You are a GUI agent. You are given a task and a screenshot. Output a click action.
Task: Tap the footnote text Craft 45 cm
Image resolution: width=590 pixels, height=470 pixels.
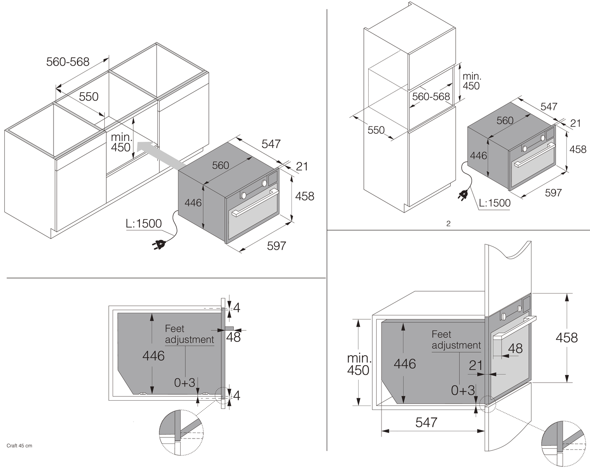click(x=19, y=446)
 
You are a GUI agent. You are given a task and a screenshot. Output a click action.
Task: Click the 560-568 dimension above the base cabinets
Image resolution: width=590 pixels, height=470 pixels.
click(x=68, y=62)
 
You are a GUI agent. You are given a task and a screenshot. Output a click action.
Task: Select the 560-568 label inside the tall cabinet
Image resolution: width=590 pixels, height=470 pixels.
click(x=431, y=97)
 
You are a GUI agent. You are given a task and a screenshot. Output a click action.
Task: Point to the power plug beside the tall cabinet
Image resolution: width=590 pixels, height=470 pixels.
click(x=463, y=196)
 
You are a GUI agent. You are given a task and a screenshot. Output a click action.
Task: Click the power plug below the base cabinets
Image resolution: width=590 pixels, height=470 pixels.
click(x=158, y=244)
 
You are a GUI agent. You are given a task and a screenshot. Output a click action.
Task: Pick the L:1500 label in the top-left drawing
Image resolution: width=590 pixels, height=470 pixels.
click(x=144, y=224)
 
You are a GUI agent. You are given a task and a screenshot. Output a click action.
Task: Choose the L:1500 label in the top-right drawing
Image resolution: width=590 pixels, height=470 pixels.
click(x=494, y=203)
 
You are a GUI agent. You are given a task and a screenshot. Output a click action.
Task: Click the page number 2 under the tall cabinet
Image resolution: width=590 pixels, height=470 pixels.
click(x=448, y=224)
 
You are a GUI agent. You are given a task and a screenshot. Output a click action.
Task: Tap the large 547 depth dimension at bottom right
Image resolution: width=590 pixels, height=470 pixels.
click(x=426, y=422)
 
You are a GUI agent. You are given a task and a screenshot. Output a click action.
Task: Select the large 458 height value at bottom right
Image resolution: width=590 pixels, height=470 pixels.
click(x=566, y=337)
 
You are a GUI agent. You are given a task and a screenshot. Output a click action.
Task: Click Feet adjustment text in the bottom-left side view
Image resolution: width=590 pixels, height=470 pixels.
click(x=189, y=334)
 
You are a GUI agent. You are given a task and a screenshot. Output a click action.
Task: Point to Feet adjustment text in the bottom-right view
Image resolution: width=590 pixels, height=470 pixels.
click(x=456, y=340)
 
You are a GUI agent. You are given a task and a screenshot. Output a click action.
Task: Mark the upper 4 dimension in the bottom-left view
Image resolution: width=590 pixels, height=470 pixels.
click(x=237, y=308)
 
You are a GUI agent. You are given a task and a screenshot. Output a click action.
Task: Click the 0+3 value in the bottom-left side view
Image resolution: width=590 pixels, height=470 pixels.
click(x=184, y=383)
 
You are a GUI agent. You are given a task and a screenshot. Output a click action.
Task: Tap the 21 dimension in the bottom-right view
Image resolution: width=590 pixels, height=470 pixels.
click(x=476, y=365)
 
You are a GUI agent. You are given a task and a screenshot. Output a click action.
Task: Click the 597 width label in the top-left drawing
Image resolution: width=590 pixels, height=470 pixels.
click(x=276, y=246)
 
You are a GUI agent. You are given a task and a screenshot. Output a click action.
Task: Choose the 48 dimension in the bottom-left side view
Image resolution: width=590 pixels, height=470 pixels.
click(x=233, y=337)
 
